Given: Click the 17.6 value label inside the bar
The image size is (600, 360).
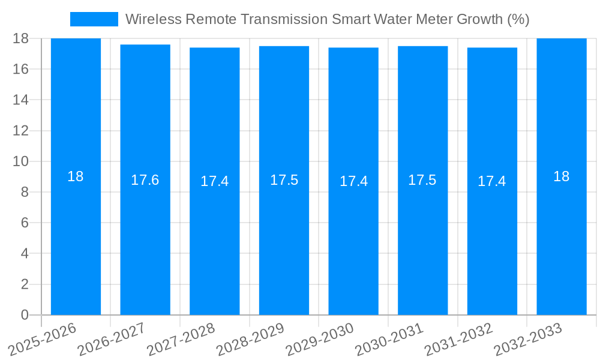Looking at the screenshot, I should click(x=145, y=180).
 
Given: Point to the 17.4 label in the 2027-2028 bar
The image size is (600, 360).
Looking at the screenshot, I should click(x=214, y=181).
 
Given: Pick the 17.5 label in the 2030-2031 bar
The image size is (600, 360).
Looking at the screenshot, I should click(x=422, y=180).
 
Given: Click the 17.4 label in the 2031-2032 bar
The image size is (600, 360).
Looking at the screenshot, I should click(x=491, y=181).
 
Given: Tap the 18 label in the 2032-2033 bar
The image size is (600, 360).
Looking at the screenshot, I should click(x=561, y=176).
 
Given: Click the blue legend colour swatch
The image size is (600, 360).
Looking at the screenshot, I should click(x=94, y=19).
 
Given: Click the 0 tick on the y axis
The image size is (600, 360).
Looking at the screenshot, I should click(x=25, y=314).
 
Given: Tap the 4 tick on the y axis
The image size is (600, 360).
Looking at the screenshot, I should click(x=25, y=253).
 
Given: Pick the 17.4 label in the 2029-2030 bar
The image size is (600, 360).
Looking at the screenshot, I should click(x=353, y=181).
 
